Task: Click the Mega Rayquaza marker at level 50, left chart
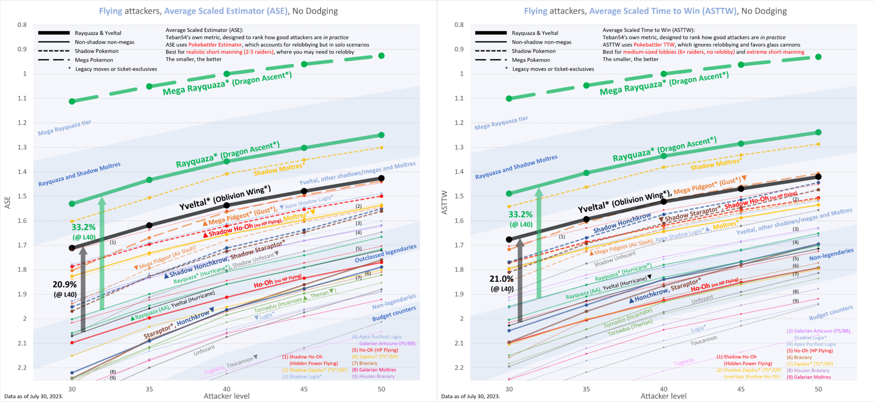coord(381,55)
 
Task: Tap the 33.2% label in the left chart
coord(83,227)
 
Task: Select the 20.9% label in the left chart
coord(65,285)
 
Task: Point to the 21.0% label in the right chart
coord(502,279)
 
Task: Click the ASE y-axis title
coord(7,202)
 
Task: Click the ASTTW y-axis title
coord(445,202)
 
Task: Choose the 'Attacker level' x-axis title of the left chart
coord(227,396)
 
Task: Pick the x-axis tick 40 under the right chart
coord(664,389)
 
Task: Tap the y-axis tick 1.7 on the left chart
coord(22,245)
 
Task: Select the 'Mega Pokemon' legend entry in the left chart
coord(94,60)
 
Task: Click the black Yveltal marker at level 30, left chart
coord(72,248)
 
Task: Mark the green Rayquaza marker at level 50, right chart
coord(818,132)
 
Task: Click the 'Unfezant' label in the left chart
coord(204,350)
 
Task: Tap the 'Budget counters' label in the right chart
coord(831,313)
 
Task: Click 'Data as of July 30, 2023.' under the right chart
coord(470,397)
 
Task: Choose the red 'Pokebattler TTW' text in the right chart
coord(654,45)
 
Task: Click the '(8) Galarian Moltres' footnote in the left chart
coord(374,370)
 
